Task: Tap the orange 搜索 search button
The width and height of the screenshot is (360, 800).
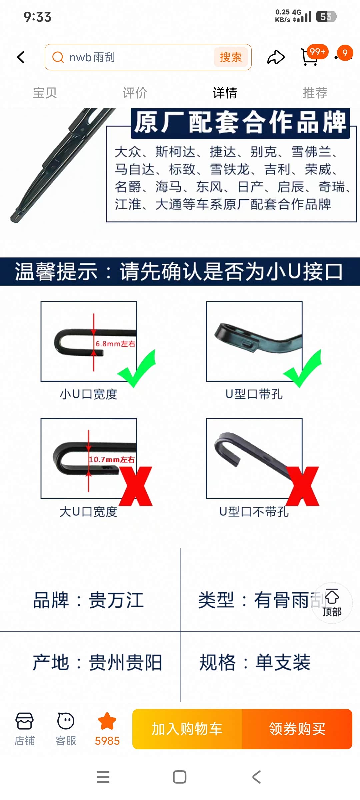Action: click(x=231, y=57)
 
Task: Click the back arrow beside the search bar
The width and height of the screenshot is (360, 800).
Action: click(x=21, y=57)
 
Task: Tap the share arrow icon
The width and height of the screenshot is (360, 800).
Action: click(x=276, y=57)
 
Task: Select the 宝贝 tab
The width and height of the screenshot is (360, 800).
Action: click(x=45, y=93)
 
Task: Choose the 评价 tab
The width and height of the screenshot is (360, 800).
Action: click(x=135, y=93)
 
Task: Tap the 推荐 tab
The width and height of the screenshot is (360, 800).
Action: click(x=315, y=93)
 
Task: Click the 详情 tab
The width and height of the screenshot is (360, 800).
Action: click(x=225, y=93)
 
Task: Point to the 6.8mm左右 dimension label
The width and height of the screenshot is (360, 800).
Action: click(x=115, y=344)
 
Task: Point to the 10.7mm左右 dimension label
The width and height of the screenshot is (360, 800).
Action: click(x=112, y=460)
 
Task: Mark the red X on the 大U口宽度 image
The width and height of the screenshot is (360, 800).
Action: click(x=136, y=486)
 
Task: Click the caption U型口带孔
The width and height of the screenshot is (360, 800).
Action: click(x=254, y=394)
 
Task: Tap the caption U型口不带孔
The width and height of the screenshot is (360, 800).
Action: click(x=254, y=511)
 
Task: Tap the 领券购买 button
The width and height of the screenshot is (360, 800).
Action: click(x=297, y=729)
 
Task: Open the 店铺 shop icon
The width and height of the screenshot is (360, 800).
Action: click(x=25, y=729)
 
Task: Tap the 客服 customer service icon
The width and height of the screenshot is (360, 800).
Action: click(x=66, y=729)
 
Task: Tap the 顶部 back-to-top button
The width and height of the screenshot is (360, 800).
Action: click(x=332, y=603)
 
